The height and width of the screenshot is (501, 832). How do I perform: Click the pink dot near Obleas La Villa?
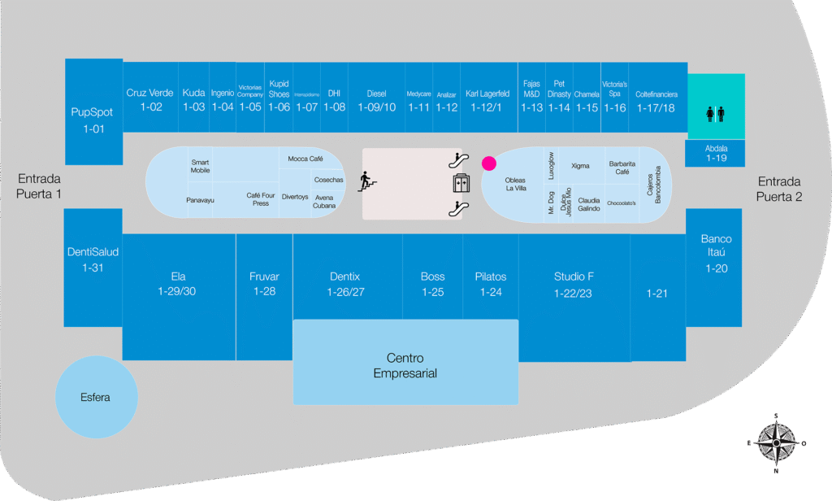click(489, 163)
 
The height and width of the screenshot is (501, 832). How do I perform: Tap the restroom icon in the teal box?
click(715, 113)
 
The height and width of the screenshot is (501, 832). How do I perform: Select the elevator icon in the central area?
click(461, 184)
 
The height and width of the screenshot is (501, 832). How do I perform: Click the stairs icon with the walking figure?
click(367, 181)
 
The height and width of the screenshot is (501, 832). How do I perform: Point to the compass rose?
click(776, 443)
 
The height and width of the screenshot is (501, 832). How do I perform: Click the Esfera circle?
click(95, 398)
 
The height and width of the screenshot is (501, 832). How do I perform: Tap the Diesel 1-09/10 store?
click(376, 100)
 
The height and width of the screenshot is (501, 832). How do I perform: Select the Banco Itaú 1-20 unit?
click(715, 254)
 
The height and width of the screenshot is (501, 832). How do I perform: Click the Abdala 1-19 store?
click(715, 153)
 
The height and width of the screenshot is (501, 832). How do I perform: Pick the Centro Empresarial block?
click(405, 365)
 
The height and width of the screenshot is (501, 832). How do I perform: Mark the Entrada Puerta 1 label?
click(39, 187)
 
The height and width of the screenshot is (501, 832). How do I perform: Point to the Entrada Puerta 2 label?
click(779, 190)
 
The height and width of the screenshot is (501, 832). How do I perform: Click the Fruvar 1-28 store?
click(264, 284)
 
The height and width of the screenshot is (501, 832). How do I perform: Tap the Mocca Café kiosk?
click(305, 159)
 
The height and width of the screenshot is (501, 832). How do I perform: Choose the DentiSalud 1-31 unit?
click(93, 259)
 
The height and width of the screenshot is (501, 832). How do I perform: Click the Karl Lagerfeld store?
click(487, 100)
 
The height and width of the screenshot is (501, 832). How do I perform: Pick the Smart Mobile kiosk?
click(200, 166)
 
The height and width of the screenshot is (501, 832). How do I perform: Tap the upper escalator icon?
click(460, 160)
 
